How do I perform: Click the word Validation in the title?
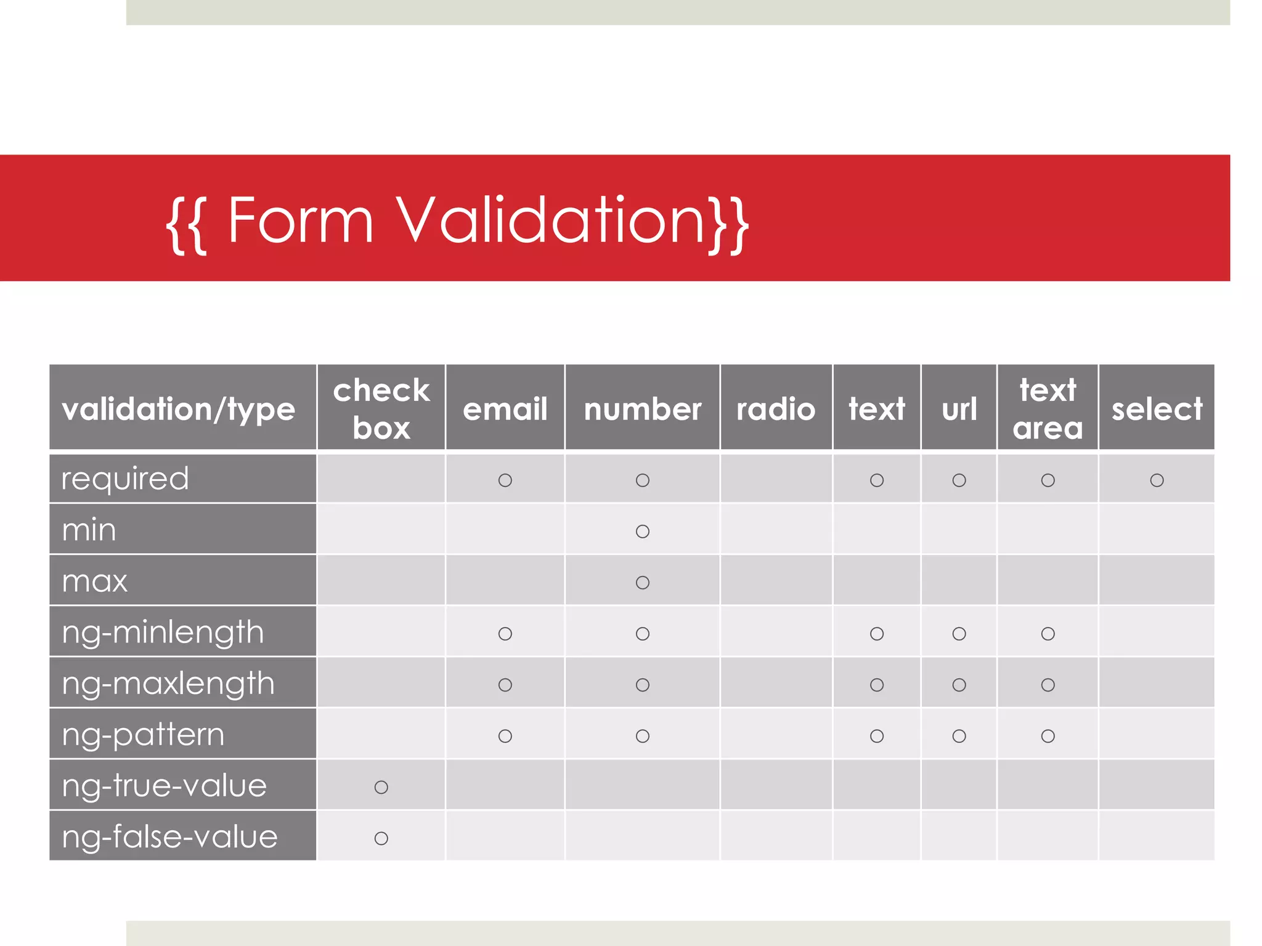point(550,220)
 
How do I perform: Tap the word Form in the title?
point(301,220)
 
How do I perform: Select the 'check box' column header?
point(381,408)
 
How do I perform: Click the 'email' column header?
point(505,409)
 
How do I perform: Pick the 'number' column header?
point(642,409)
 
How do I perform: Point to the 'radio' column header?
point(775,409)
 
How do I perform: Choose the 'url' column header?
point(959,409)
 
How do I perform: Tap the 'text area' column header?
point(1048,408)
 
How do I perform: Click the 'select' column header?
point(1157,409)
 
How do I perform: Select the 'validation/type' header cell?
point(179,409)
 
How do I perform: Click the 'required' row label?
point(125,479)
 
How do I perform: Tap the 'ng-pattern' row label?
point(143,734)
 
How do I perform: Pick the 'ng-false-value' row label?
point(169,836)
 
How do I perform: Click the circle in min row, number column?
point(642,531)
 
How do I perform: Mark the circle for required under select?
point(1157,480)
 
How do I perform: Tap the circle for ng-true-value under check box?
point(381,786)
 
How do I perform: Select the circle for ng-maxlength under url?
point(959,684)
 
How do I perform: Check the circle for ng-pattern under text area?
point(1048,735)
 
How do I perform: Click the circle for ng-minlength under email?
point(505,633)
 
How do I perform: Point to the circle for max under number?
point(642,582)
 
